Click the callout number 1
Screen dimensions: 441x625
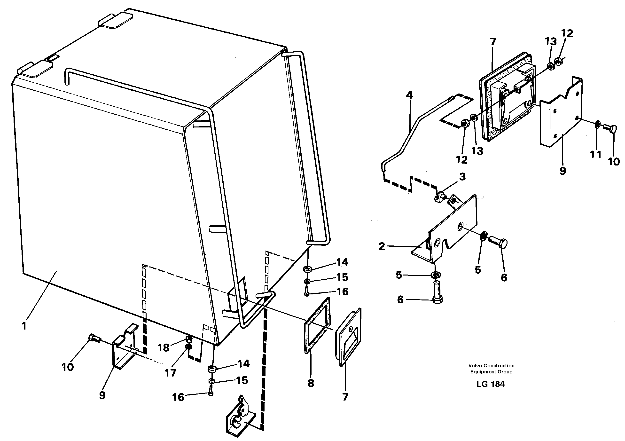coord(24,326)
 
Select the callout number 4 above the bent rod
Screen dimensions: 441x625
coord(409,95)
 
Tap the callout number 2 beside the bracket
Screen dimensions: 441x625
coord(382,246)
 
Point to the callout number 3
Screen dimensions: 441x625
coord(462,177)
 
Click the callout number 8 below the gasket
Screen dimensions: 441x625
coord(311,383)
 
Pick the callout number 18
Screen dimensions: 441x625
coord(163,348)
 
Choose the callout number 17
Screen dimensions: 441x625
coord(170,373)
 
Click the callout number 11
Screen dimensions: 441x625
coord(595,155)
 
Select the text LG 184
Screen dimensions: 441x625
coord(491,384)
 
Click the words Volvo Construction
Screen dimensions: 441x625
coord(491,366)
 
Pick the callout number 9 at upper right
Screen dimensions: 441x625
coord(563,171)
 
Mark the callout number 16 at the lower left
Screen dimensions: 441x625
coord(178,397)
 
